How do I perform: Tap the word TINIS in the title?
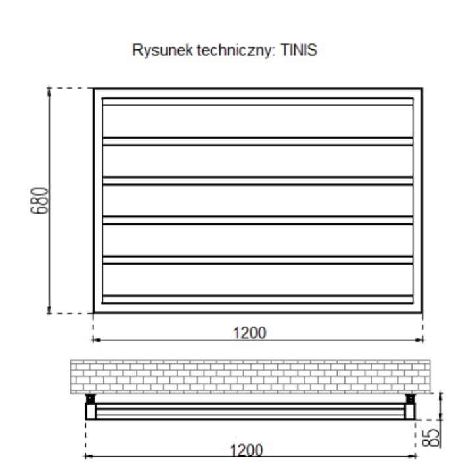[300, 51]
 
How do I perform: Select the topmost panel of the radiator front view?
[258, 120]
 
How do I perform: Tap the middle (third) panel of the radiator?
[258, 200]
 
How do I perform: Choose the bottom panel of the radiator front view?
[258, 280]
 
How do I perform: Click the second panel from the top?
[258, 160]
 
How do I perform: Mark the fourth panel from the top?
[258, 240]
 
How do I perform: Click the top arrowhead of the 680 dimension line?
[49, 91]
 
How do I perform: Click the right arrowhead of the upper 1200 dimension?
[420, 340]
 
